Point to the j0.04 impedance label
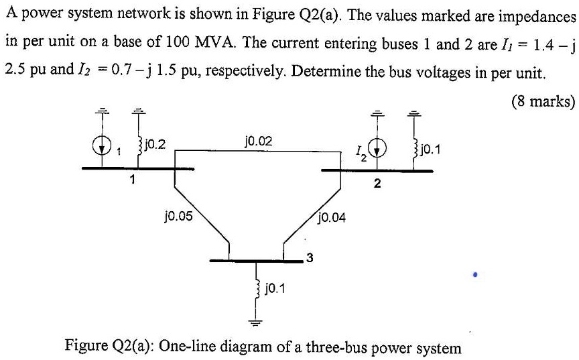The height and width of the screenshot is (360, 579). pos(332,217)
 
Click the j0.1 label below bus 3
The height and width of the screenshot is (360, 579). pos(275,288)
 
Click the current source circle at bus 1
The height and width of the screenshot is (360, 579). pos(103,147)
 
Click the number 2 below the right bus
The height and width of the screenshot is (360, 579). pos(377,185)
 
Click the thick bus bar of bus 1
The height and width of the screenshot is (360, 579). pos(137,168)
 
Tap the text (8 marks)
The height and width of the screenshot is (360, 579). pos(543,102)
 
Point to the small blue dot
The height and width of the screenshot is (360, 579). pos(475,274)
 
